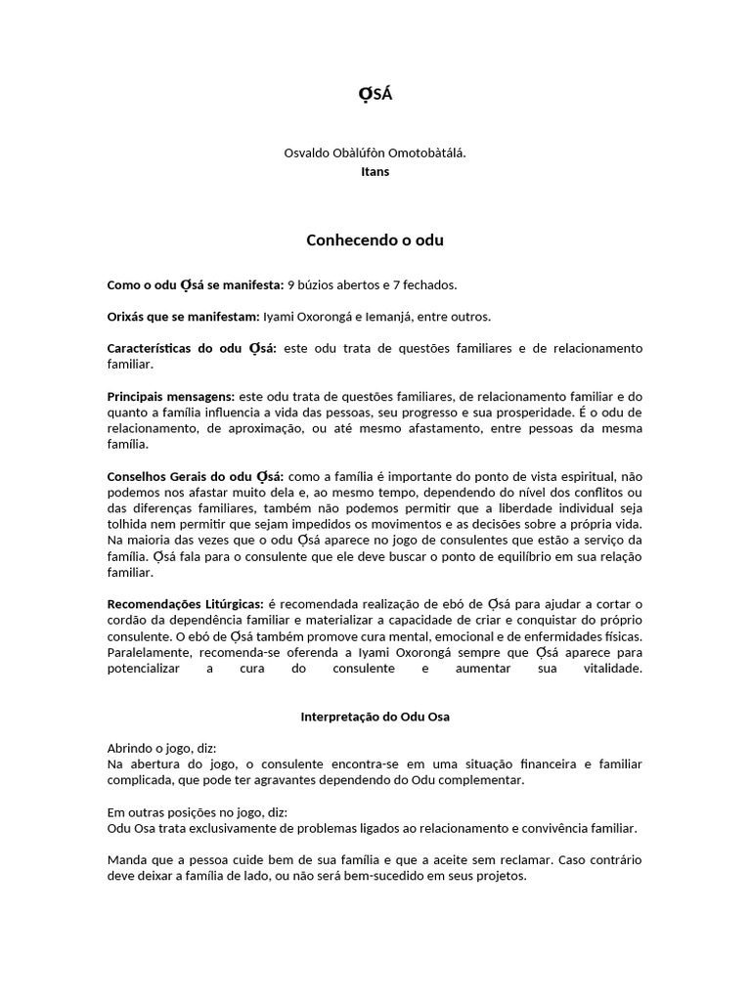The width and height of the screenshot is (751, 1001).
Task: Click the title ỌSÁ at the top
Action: click(x=375, y=95)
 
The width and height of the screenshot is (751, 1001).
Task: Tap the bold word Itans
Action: click(x=375, y=171)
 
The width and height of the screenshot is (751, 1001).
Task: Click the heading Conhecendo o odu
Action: click(x=375, y=239)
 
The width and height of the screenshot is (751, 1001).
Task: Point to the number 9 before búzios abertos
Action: click(x=290, y=284)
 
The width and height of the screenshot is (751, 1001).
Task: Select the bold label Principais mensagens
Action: click(x=171, y=396)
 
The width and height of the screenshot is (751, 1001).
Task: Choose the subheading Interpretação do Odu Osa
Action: click(x=375, y=717)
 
